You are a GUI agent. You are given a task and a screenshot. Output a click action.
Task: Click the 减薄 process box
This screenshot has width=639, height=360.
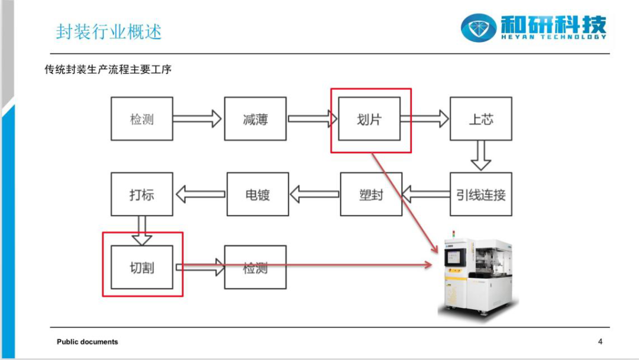(255, 118)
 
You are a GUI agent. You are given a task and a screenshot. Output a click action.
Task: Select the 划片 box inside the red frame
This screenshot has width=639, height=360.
(369, 118)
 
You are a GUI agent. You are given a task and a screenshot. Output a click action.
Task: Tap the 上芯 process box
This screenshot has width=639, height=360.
(481, 118)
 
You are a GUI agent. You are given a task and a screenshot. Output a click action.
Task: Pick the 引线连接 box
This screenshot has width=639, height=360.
(481, 194)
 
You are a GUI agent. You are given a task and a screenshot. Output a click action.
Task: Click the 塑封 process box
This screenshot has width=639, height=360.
(371, 194)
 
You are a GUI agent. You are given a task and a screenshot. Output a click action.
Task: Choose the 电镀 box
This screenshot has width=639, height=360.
(257, 194)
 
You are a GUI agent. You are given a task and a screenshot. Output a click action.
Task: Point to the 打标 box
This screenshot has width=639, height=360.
(142, 194)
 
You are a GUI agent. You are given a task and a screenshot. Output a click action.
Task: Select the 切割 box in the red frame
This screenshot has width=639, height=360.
(142, 267)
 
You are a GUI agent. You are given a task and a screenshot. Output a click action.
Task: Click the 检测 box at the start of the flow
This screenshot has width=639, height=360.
(142, 118)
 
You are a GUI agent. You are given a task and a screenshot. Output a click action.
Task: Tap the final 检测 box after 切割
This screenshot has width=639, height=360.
(255, 267)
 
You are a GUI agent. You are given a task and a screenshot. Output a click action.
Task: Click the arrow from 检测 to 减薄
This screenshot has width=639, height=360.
(197, 118)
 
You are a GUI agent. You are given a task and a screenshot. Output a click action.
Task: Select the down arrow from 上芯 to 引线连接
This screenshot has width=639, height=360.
(481, 155)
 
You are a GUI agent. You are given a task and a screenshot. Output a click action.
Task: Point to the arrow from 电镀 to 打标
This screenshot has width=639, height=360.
(201, 194)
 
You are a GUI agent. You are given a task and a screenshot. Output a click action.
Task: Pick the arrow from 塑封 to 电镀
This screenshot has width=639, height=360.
(314, 194)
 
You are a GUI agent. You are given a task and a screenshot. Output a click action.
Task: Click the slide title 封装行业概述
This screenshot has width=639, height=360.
(109, 31)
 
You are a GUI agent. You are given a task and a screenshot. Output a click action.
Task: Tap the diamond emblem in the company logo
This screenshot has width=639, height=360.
(479, 28)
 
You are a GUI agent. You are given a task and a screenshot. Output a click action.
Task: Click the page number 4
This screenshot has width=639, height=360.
(600, 342)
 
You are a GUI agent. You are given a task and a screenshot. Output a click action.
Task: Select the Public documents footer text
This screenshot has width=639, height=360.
(87, 342)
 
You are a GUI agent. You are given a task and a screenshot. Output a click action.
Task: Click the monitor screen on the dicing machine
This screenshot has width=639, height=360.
(454, 256)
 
